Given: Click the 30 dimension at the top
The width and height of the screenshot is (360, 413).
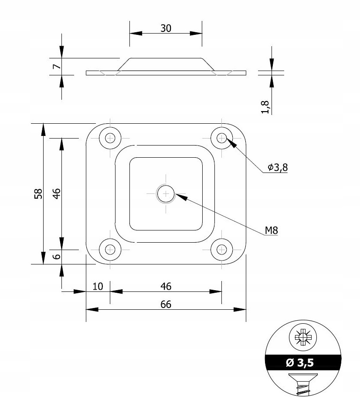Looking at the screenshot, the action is pos(166,28).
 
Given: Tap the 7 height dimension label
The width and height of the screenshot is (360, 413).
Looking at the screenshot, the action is pos(55,66).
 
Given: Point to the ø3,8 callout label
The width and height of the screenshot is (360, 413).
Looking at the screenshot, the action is pos(277,167).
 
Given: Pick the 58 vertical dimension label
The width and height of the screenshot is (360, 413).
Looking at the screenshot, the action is pos(38,194).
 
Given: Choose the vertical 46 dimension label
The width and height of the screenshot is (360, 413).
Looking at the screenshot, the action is pos(56,194).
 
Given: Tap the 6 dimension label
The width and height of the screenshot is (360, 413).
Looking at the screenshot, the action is pos(56,257).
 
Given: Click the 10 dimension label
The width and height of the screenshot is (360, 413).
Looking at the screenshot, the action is pos(98,286).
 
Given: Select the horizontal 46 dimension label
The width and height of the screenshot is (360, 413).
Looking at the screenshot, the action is pos(166,286).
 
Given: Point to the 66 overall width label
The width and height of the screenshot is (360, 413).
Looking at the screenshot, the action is pos(166,305).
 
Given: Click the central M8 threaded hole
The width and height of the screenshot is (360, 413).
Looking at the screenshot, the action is pos(166,194).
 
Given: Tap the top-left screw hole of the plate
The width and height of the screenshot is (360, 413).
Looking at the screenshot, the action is pos(110,138).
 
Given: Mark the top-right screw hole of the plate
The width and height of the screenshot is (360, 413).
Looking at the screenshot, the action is pos(222,138).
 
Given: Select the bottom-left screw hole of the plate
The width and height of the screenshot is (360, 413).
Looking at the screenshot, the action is pos(110,250).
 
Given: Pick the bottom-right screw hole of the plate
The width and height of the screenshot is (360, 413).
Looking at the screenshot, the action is pos(222,250).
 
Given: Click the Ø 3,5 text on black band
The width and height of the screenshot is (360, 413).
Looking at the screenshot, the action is pos(304,362).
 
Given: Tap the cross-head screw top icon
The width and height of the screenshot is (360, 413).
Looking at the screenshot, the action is pos(304,338).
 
